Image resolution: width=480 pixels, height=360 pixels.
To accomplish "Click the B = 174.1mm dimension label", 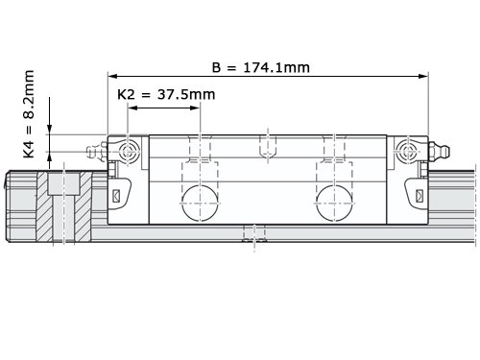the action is click(261, 67).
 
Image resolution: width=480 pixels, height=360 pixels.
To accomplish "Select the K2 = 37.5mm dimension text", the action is click(166, 94).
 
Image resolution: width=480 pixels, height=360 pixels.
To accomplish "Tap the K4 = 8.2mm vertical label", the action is click(29, 114).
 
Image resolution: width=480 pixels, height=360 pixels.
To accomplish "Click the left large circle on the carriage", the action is click(200, 203).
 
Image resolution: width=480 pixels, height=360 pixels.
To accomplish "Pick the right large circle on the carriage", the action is click(334, 203).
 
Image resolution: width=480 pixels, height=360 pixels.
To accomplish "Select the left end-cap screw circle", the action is click(128, 151).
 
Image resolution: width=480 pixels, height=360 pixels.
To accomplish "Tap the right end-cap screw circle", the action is click(408, 151).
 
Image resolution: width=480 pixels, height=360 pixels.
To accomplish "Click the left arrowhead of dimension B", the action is click(112, 76).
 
